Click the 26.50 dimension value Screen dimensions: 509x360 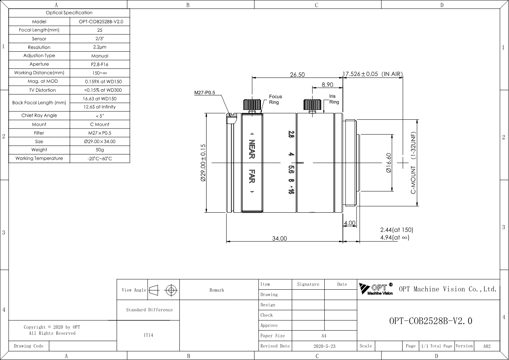pos(297,74)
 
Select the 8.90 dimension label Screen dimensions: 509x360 pos(327,85)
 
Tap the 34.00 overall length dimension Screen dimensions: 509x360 pos(279,238)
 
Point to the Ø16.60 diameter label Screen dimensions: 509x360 pos(389,163)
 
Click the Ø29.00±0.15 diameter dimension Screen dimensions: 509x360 pos(203,163)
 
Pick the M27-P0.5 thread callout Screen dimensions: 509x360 pos(205,93)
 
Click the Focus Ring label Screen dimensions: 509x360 pos(275,99)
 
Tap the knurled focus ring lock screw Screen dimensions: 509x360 pos(252,105)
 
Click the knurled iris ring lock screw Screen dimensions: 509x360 pos(312,105)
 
